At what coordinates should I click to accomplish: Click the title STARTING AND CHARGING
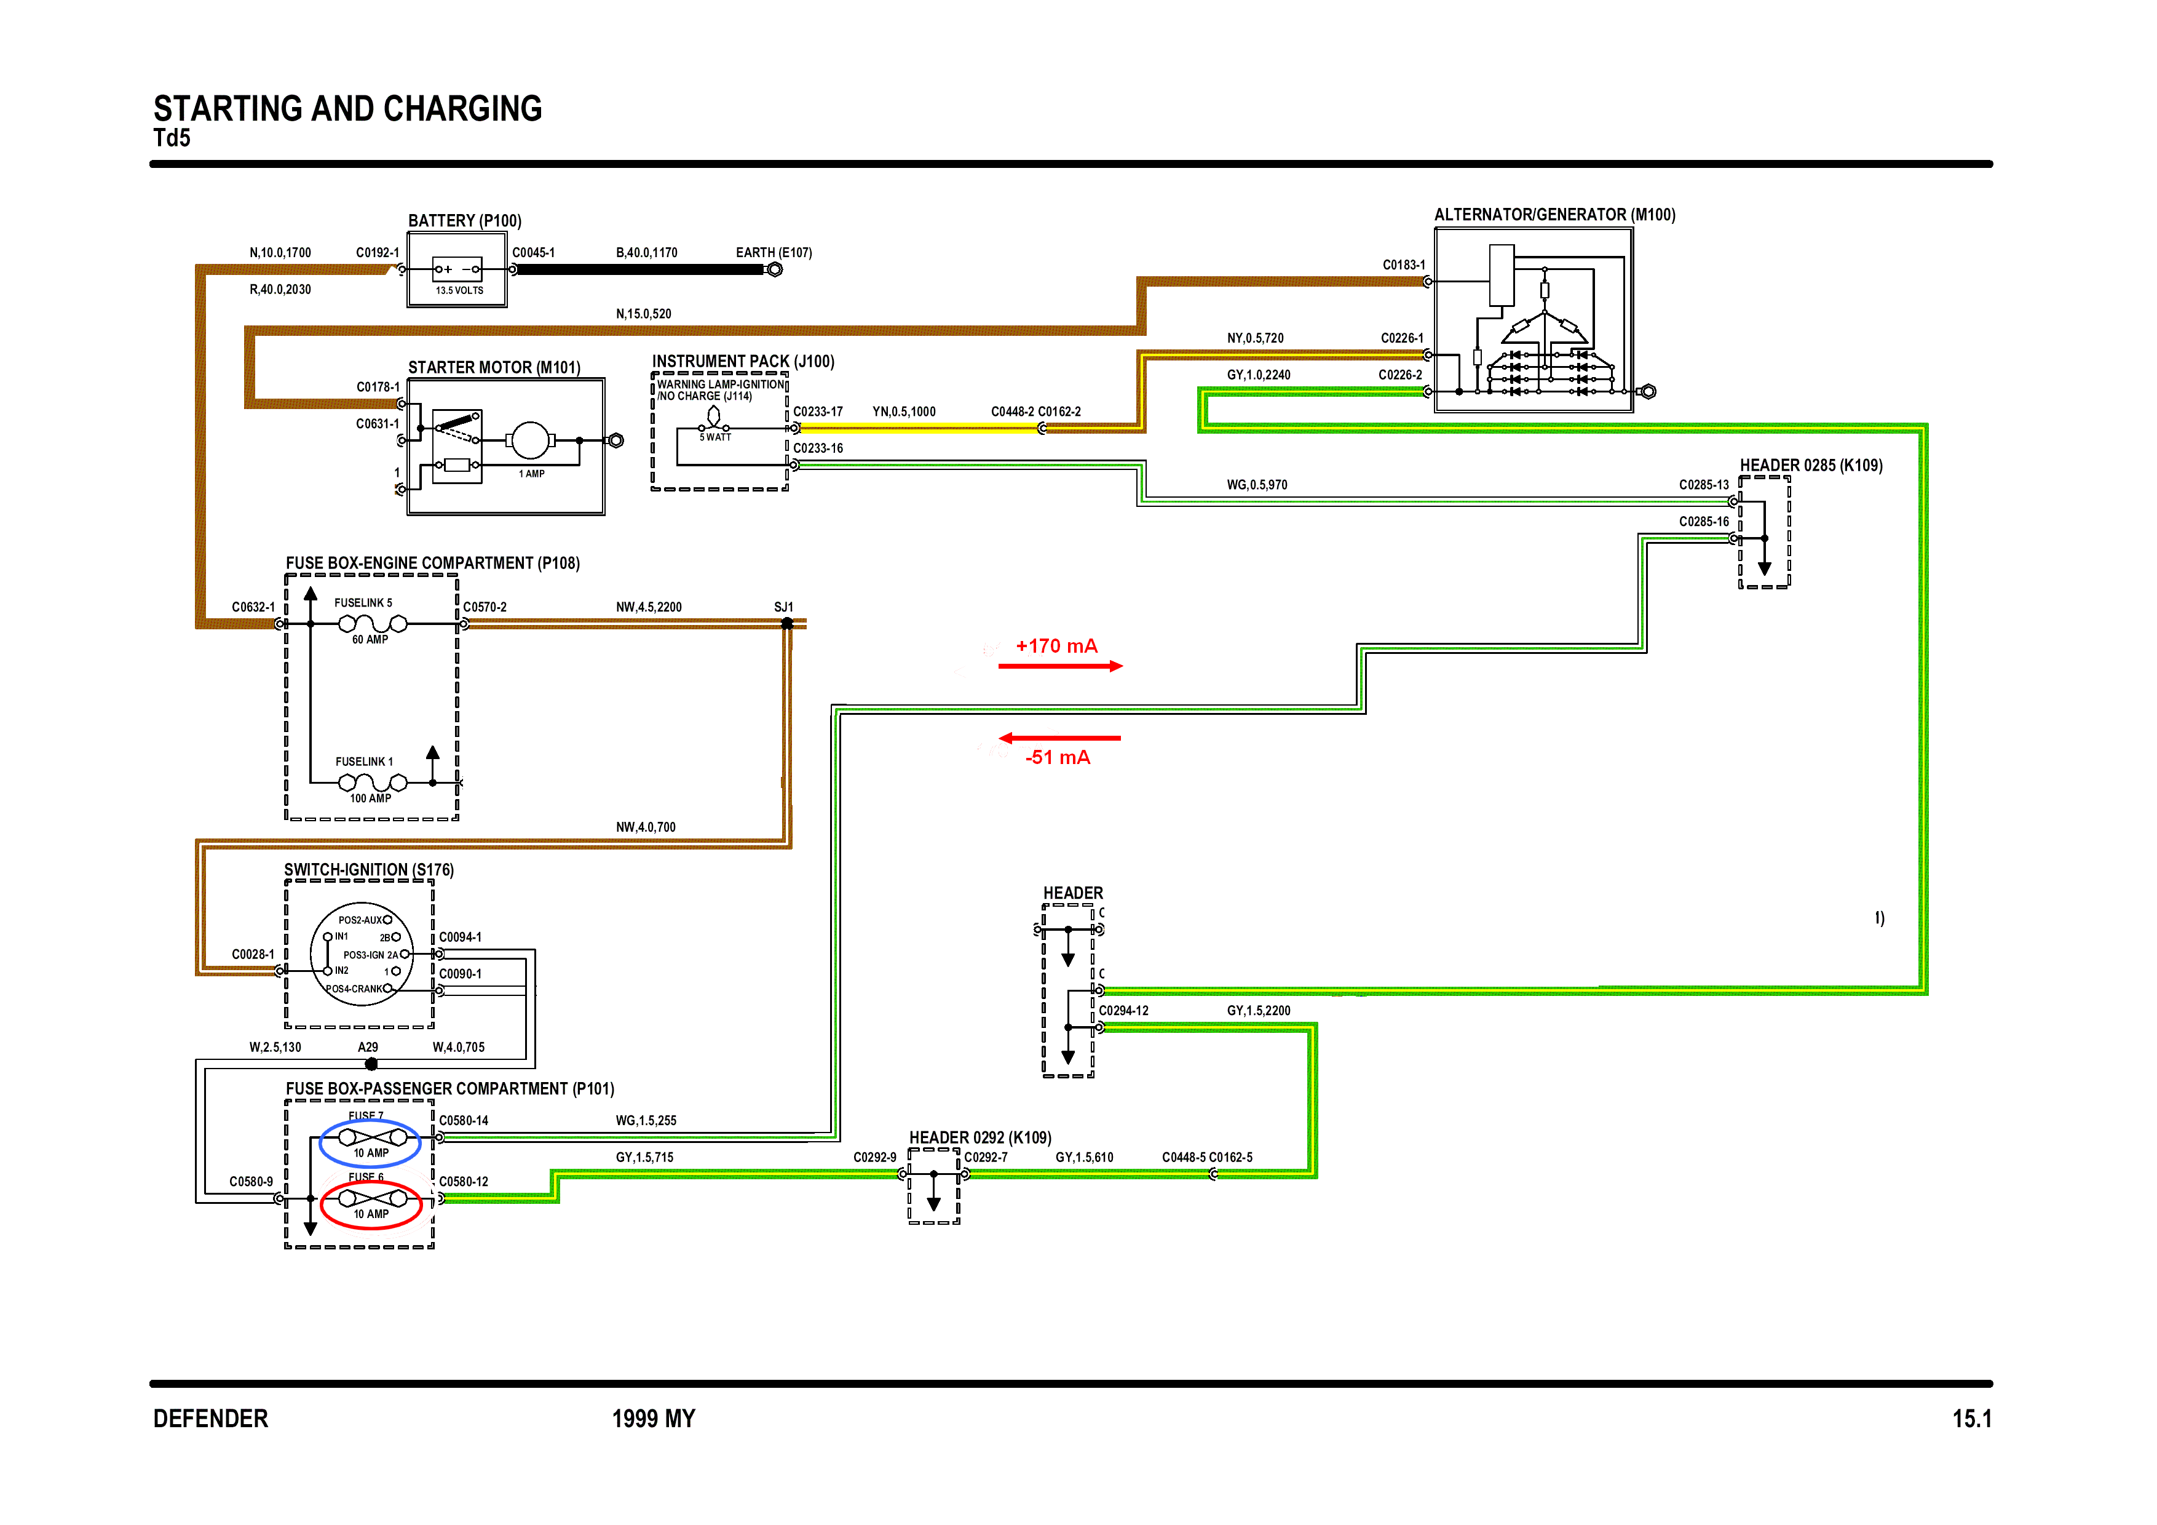(x=347, y=109)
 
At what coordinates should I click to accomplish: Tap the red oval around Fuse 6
(x=371, y=1204)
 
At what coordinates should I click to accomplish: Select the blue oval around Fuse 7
(x=371, y=1142)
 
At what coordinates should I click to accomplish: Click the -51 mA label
(x=1057, y=757)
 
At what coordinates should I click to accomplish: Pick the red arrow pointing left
(x=1059, y=739)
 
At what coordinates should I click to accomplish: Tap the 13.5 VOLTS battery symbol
(x=457, y=273)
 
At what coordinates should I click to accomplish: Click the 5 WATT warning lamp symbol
(x=714, y=418)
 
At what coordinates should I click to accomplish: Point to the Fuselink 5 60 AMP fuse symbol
(x=372, y=624)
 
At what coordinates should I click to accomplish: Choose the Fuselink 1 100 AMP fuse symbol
(x=372, y=782)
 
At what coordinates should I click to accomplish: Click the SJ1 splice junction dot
(x=787, y=624)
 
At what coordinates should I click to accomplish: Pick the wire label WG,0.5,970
(x=1256, y=485)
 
